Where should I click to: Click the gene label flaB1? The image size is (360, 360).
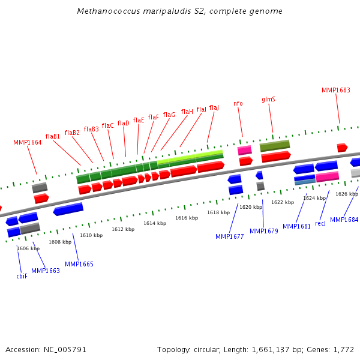click(53, 136)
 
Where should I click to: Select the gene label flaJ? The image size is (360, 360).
click(214, 107)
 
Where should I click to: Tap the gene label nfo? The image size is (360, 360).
click(238, 103)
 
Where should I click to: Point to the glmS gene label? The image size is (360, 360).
click(268, 99)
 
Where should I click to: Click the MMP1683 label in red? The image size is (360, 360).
click(336, 90)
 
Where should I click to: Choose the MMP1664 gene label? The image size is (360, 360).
click(28, 142)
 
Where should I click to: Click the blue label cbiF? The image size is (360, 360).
click(22, 276)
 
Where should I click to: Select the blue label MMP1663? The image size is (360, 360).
click(46, 271)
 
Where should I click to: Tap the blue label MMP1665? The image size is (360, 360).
click(79, 264)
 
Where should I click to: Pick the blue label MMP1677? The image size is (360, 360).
click(230, 236)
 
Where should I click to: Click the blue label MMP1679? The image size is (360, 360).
click(264, 231)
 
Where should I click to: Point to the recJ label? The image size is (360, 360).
click(320, 223)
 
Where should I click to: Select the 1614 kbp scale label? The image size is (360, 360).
click(155, 223)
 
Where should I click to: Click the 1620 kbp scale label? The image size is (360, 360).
click(251, 207)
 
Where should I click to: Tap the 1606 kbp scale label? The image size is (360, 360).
click(28, 248)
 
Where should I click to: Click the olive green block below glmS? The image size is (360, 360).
click(275, 146)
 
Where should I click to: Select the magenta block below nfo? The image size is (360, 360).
click(245, 150)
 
